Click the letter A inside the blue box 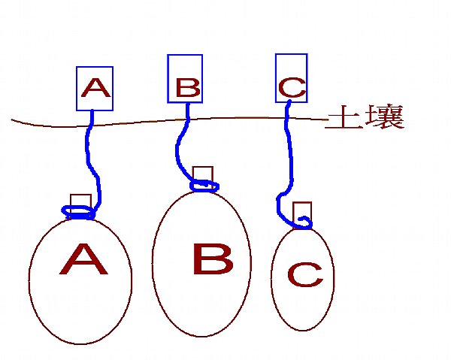point(95,88)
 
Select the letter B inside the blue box point(188,87)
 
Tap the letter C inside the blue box point(292,87)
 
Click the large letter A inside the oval point(83,259)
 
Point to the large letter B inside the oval point(213,259)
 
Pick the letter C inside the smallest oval point(305,274)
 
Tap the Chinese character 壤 point(385,116)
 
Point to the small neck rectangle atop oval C point(302,215)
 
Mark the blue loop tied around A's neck point(78,213)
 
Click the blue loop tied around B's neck point(204,186)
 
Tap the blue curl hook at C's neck point(305,223)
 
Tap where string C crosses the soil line point(286,118)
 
